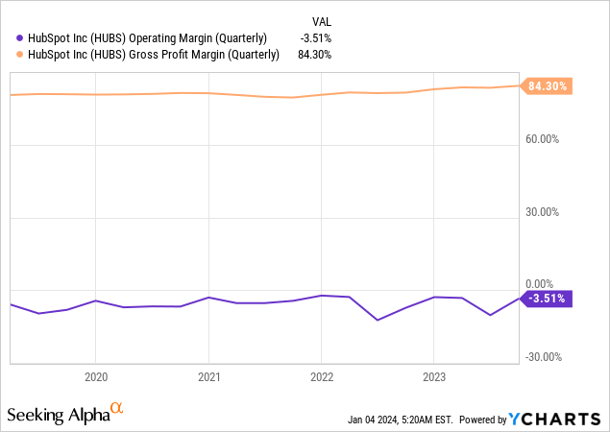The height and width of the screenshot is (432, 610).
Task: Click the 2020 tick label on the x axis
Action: (x=95, y=377)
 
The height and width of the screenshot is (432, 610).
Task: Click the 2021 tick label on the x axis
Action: (x=209, y=377)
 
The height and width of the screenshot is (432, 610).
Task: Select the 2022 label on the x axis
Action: (x=321, y=377)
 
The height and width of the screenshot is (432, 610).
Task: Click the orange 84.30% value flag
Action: (x=548, y=86)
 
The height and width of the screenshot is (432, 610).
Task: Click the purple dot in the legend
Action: (x=10, y=38)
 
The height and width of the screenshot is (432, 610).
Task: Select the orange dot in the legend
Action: (x=10, y=56)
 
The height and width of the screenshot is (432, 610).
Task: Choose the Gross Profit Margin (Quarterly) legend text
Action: (x=149, y=56)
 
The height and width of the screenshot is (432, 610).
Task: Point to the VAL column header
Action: (x=324, y=21)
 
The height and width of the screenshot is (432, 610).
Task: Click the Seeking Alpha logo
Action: (x=64, y=414)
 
